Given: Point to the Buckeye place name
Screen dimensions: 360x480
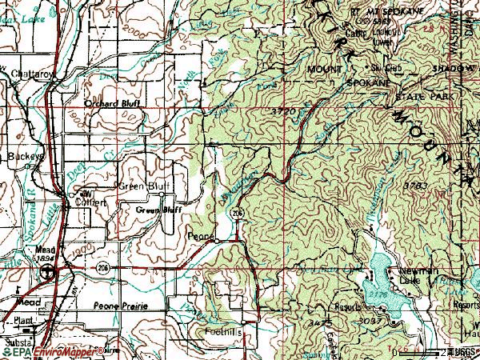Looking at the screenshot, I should click(x=23, y=156).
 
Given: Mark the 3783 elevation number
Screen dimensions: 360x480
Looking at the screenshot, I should click(x=417, y=185).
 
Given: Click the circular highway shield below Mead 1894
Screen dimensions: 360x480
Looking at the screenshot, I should click(x=49, y=272).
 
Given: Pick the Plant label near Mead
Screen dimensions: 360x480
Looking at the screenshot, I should click(x=25, y=319).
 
